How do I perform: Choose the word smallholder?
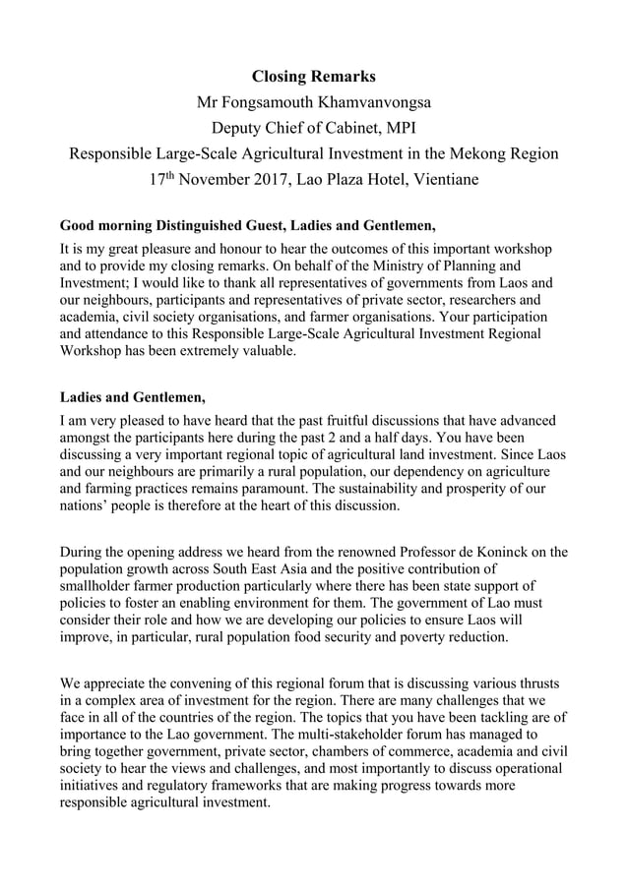pyautogui.click(x=104, y=587)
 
